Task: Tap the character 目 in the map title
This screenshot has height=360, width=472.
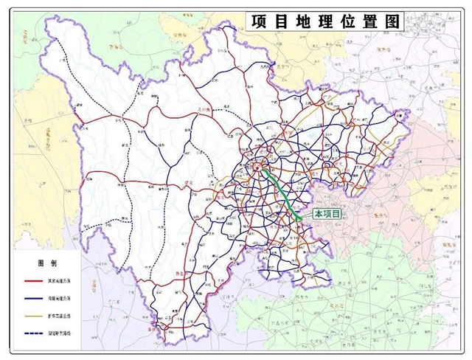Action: tap(278, 21)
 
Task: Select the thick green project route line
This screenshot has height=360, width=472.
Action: tap(283, 193)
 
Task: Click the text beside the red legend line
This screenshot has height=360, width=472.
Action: tap(63, 281)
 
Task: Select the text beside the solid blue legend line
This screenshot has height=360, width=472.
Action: tap(63, 298)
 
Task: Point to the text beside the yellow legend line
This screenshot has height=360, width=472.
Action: tap(63, 315)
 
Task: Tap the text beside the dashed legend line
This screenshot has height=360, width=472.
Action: tap(63, 333)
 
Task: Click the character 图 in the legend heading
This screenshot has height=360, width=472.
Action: tap(43, 263)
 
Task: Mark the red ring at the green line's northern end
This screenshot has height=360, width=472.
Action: tap(263, 168)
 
